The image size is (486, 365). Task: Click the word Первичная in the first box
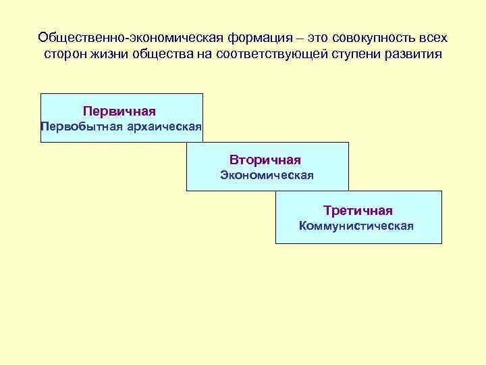(x=119, y=110)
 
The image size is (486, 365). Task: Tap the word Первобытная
(x=80, y=126)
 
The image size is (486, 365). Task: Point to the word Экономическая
(x=267, y=176)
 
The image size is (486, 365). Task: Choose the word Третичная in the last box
(x=358, y=211)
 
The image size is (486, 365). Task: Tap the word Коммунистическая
(x=356, y=226)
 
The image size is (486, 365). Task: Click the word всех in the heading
(x=433, y=37)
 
